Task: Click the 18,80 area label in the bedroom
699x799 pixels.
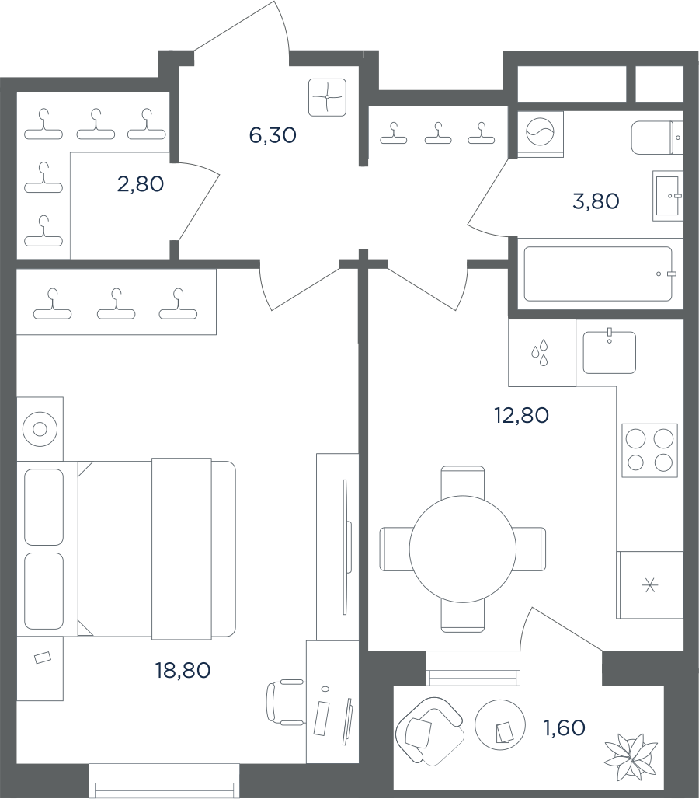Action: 183,670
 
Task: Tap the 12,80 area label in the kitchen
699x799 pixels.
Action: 521,415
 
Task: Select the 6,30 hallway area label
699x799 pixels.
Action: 273,135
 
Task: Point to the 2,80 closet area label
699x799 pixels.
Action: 141,184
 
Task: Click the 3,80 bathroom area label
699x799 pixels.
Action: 596,201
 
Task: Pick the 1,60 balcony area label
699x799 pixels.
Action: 565,728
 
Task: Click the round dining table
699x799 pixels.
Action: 463,549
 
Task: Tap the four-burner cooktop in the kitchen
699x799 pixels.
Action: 649,451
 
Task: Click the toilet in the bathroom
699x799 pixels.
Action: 657,138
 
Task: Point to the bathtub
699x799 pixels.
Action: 598,274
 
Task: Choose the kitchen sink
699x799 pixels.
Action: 610,351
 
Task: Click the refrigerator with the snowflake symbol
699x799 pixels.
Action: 649,585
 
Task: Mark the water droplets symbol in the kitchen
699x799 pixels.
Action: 540,352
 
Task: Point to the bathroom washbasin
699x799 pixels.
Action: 668,196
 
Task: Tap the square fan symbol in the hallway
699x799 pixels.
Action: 327,97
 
